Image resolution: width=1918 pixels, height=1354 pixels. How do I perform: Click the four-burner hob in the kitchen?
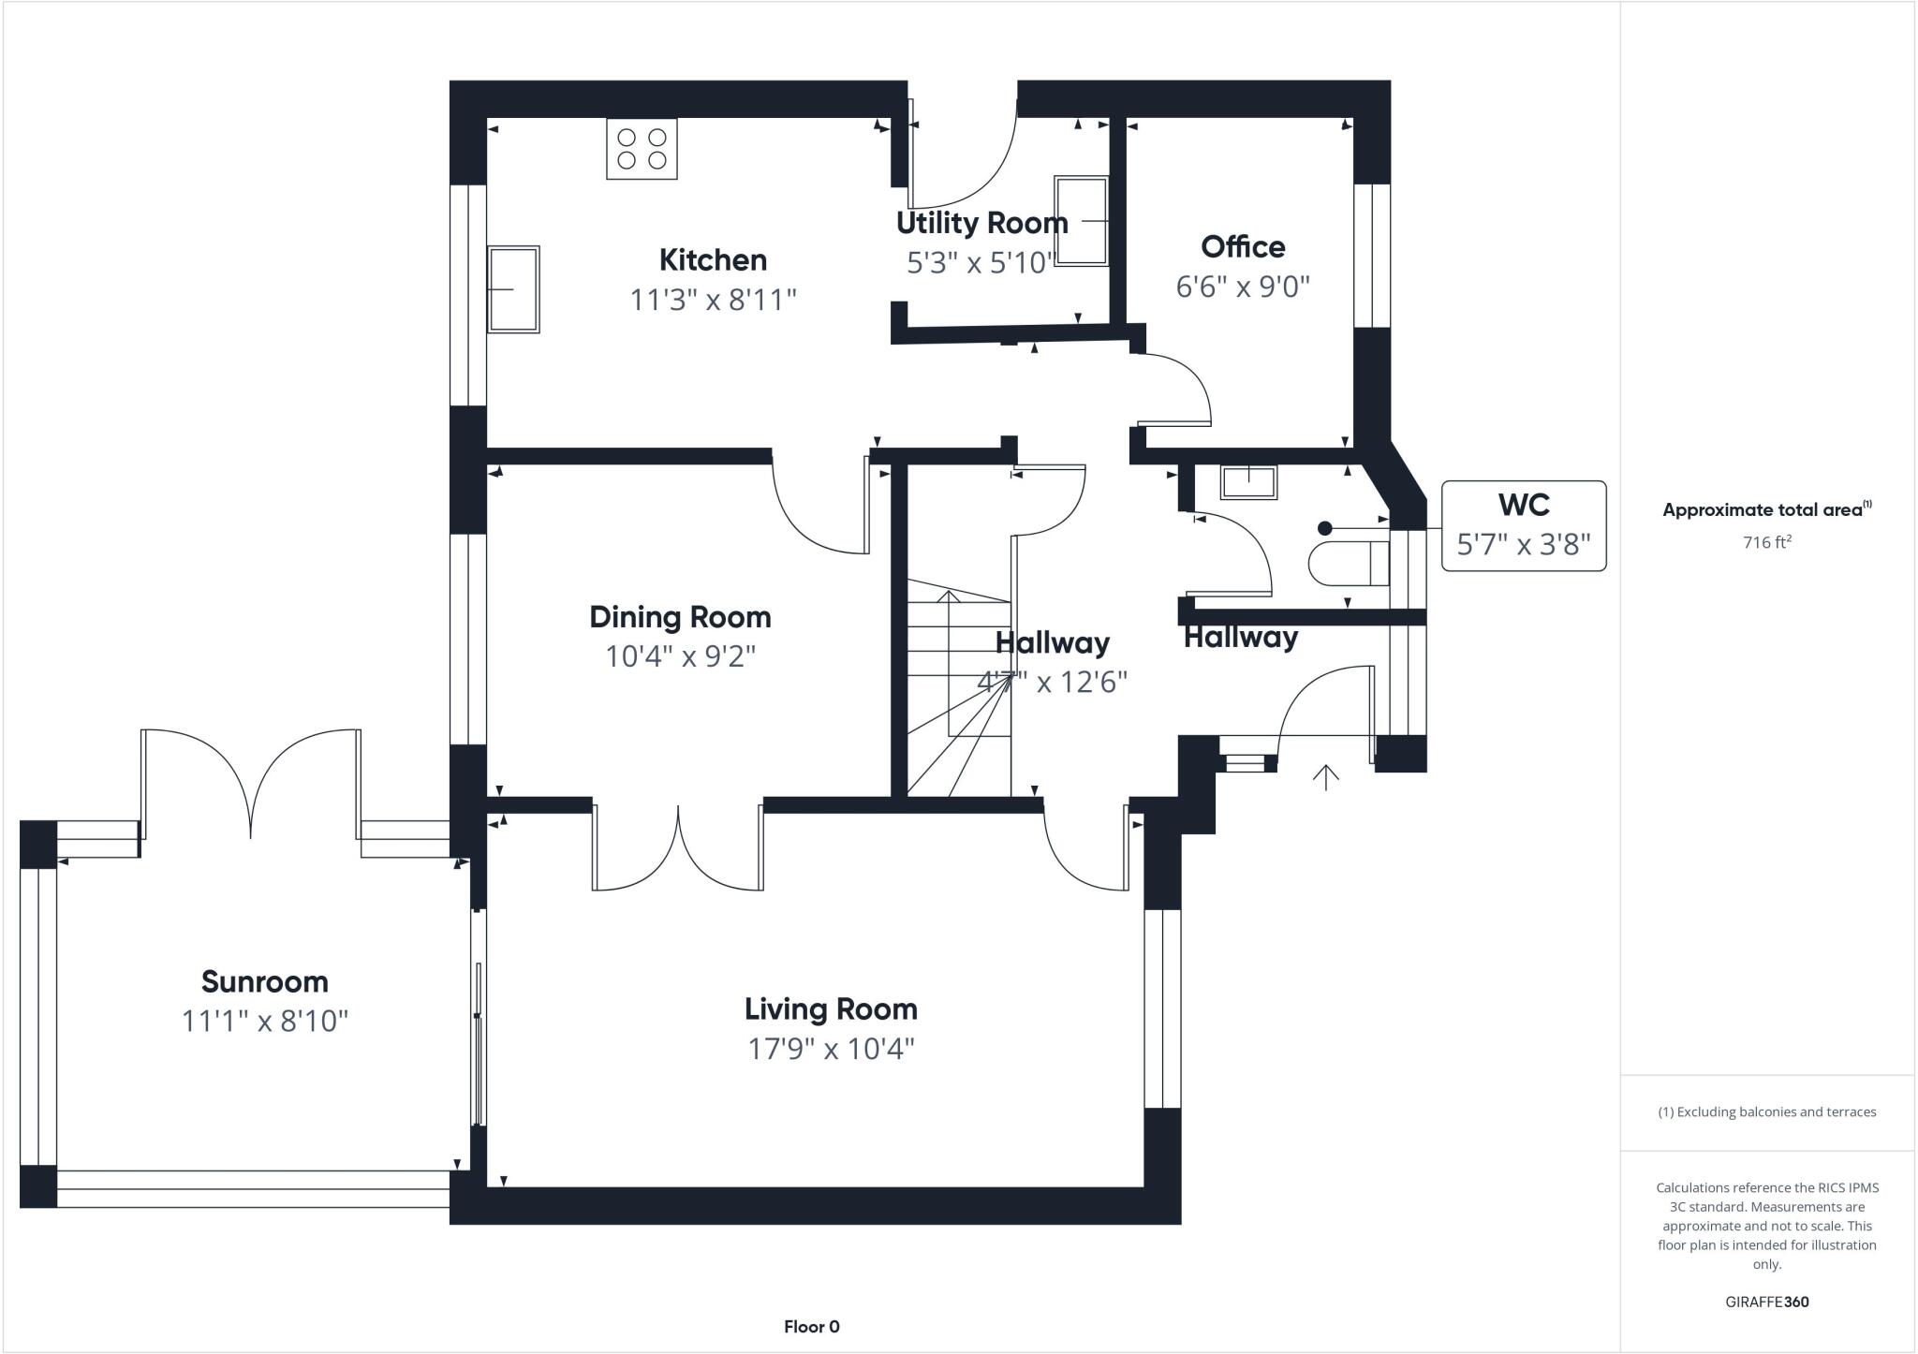(642, 149)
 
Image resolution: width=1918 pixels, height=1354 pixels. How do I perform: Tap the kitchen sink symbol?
(513, 289)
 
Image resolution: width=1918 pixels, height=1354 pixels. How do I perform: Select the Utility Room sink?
(1081, 221)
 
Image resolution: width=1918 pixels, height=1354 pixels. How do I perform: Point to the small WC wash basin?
(1248, 482)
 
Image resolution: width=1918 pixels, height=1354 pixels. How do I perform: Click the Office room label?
(1243, 247)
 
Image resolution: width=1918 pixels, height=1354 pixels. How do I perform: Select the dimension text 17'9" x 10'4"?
(831, 1049)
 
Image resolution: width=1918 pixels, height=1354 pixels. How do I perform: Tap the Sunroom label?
(265, 981)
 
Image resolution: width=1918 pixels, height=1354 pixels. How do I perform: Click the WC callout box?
(1524, 525)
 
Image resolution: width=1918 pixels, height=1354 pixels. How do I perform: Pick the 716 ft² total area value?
(1766, 542)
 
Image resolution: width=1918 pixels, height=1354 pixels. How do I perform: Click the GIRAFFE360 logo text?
(1766, 1302)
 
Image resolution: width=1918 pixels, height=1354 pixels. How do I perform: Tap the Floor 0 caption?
(811, 1326)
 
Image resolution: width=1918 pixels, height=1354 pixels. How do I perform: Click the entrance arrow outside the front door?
(1325, 777)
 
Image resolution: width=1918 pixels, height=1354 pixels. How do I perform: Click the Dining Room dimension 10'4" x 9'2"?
(680, 656)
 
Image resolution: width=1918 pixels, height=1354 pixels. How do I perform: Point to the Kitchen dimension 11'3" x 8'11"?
(713, 300)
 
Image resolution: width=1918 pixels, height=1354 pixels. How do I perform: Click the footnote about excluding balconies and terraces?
(1766, 1112)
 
